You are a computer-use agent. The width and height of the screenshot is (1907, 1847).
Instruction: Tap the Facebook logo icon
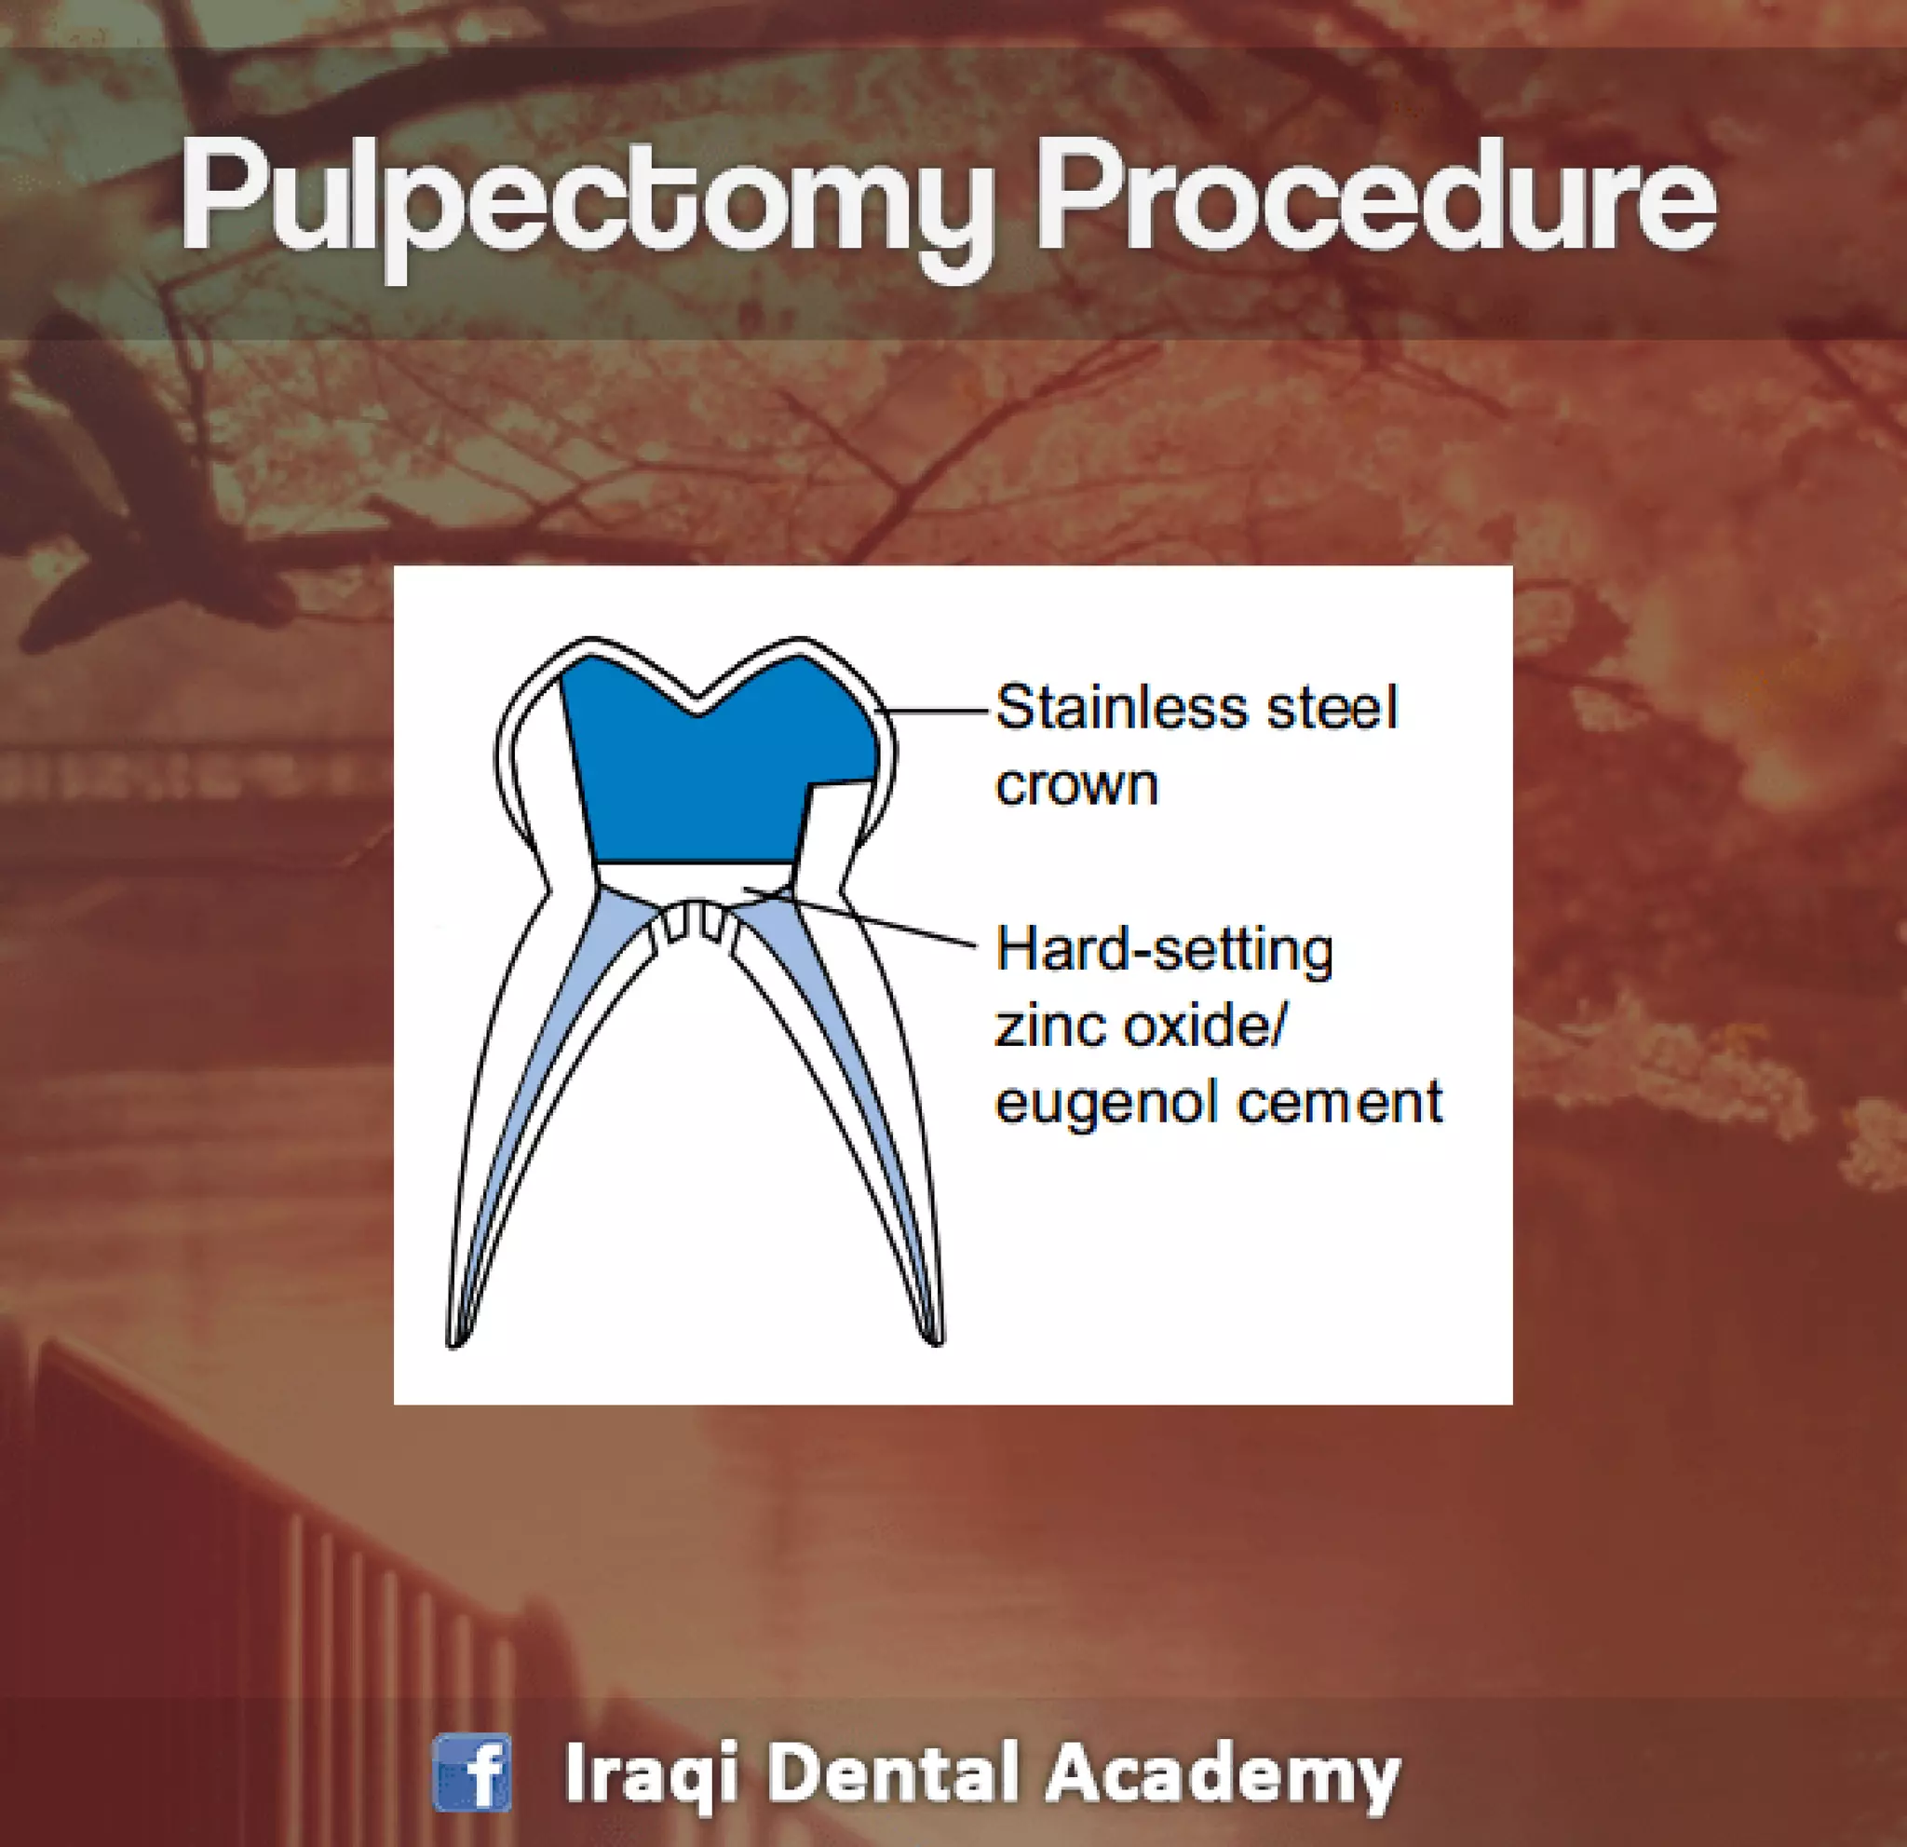click(472, 1773)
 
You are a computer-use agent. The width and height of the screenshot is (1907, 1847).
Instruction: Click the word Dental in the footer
click(891, 1773)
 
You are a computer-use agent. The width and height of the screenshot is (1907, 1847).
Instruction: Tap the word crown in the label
click(1076, 784)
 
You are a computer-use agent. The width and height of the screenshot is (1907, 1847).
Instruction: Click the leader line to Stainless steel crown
click(939, 712)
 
